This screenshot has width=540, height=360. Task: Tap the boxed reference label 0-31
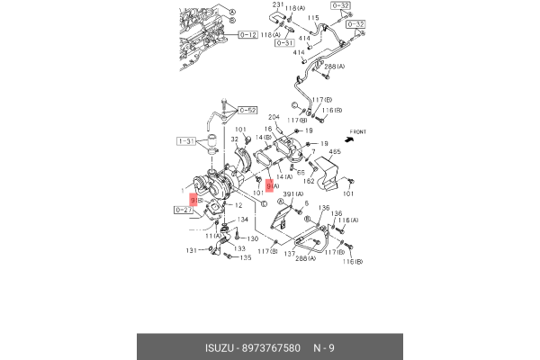[x=284, y=42]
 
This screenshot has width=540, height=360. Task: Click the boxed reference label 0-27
[x=184, y=210]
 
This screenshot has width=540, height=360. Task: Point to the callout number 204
[x=274, y=118]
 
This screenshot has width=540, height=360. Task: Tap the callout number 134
[x=242, y=220]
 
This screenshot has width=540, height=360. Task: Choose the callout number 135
[x=246, y=257]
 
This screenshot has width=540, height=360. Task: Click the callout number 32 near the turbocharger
[x=235, y=139]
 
